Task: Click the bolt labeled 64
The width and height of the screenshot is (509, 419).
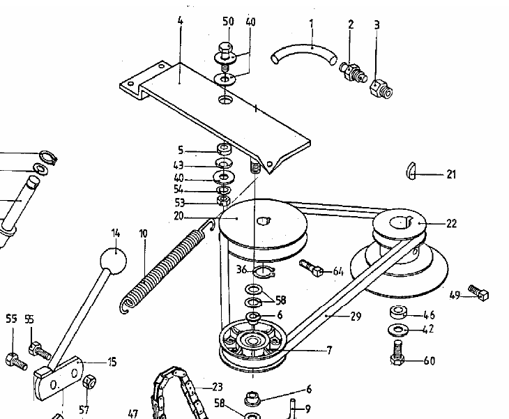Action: click(x=310, y=267)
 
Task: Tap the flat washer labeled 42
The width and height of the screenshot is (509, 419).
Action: click(x=399, y=328)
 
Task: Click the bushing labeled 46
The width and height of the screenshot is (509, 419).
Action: click(x=399, y=311)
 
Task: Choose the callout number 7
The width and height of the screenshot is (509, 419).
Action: click(x=328, y=349)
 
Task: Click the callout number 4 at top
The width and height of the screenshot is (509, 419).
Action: click(x=179, y=22)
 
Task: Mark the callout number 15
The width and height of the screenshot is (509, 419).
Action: click(x=112, y=362)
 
